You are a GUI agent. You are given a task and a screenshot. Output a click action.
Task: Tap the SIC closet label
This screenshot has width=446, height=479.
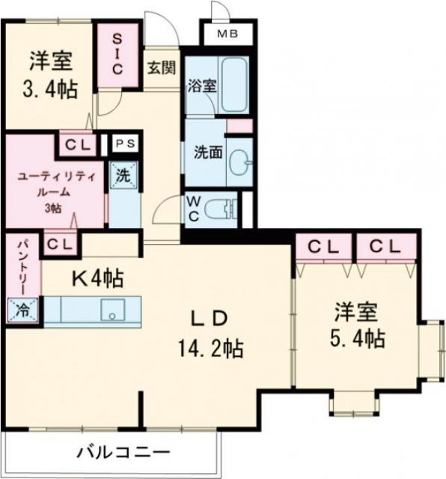pos(118,52)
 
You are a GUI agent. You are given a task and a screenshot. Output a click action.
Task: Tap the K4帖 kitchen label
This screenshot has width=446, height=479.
pos(97,278)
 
